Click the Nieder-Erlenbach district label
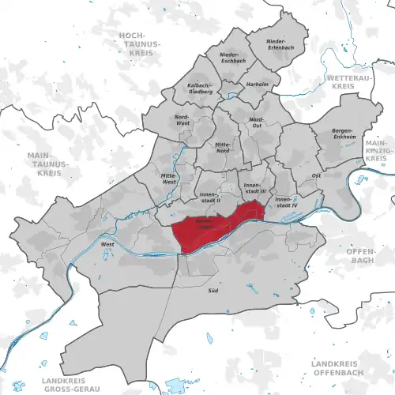click(x=276, y=44)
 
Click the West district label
click(x=106, y=245)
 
